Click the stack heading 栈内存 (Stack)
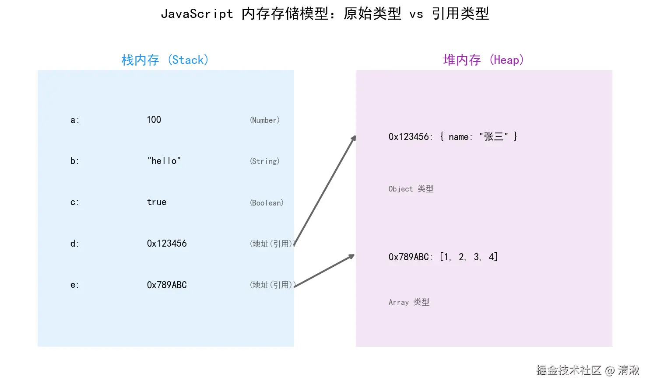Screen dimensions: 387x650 (165, 60)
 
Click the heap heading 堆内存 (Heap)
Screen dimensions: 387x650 (483, 60)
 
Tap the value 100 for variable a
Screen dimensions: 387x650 (154, 120)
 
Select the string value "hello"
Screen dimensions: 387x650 (164, 161)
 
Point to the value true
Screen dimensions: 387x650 (157, 202)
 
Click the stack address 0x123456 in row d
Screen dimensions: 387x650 (167, 244)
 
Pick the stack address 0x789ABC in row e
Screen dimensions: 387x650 (167, 285)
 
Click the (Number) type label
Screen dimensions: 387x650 (265, 120)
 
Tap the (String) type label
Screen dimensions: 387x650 (265, 161)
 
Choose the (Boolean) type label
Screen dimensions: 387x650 (267, 203)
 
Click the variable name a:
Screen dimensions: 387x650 (75, 120)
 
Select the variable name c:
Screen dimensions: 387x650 (75, 202)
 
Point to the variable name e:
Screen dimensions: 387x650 (75, 285)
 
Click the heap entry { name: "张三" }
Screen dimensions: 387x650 (479, 137)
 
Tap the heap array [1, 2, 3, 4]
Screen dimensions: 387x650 (469, 257)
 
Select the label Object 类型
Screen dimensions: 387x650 (411, 189)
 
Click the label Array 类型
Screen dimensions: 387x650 (409, 302)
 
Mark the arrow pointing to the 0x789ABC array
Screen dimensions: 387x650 (324, 271)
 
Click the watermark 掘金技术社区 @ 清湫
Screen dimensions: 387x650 (587, 370)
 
